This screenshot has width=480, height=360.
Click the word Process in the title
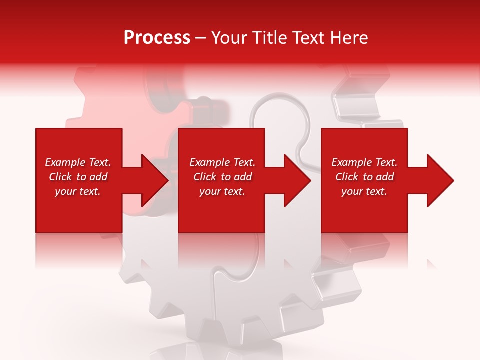(157, 38)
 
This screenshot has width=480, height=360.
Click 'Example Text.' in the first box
(78, 162)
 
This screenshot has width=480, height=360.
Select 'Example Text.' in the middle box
(222, 162)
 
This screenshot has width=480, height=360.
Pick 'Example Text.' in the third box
(364, 162)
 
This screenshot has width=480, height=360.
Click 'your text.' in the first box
(78, 191)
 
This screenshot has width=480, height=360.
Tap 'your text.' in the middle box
(222, 191)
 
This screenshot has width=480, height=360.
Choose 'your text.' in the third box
(364, 191)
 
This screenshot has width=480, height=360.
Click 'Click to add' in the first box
(78, 177)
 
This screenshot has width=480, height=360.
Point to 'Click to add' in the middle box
(222, 177)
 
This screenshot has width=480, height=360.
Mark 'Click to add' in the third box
(364, 177)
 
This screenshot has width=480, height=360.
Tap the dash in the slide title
(200, 38)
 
